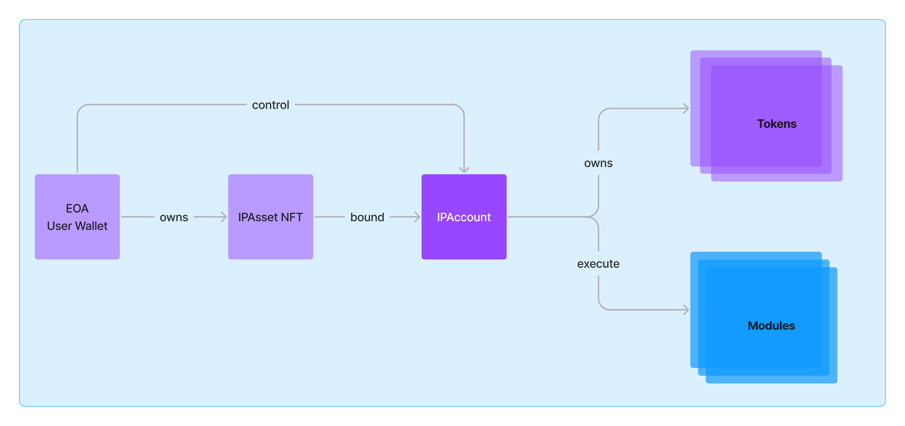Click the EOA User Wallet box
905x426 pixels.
[x=77, y=217]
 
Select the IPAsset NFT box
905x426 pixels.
[x=270, y=217]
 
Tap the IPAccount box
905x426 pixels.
[x=464, y=217]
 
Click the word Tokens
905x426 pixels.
[x=776, y=124]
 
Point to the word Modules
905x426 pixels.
[x=771, y=325]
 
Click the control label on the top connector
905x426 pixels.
[x=270, y=105]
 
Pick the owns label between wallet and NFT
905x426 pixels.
[x=174, y=217]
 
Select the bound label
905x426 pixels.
[x=367, y=217]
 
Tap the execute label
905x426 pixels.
[x=598, y=264]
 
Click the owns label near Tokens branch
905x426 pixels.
[x=598, y=163]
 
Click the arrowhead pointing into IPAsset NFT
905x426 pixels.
[x=224, y=217]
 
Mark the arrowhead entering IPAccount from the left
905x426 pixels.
[x=417, y=217]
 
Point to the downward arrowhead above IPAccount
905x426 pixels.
[x=464, y=169]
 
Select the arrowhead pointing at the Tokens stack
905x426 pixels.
[x=686, y=109]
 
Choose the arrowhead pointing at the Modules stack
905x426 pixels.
[x=686, y=310]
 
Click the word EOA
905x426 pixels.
[x=77, y=208]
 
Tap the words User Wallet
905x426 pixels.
[x=77, y=226]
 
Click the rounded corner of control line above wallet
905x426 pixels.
[x=81, y=108]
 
